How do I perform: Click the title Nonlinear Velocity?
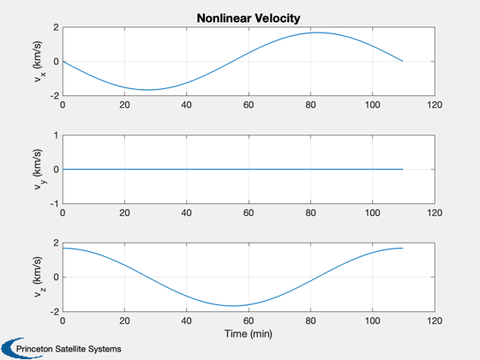pyautogui.click(x=249, y=18)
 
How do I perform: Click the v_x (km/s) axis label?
pyautogui.click(x=39, y=61)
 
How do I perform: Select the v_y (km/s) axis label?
pyautogui.click(x=39, y=170)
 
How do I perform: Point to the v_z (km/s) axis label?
pyautogui.click(x=39, y=277)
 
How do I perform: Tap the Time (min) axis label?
pyautogui.click(x=249, y=333)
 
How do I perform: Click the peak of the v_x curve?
pyautogui.click(x=317, y=33)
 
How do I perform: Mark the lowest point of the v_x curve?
pyautogui.click(x=147, y=90)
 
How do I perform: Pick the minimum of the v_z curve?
pyautogui.click(x=233, y=306)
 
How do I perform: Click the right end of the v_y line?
pyautogui.click(x=403, y=170)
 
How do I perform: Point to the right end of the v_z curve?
pyautogui.click(x=403, y=248)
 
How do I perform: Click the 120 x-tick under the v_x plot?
pyautogui.click(x=435, y=105)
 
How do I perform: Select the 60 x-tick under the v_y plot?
pyautogui.click(x=249, y=213)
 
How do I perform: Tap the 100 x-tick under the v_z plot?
pyautogui.click(x=373, y=321)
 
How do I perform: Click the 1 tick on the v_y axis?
pyautogui.click(x=56, y=135)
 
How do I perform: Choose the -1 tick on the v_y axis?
pyautogui.click(x=54, y=204)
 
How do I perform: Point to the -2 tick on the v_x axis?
pyautogui.click(x=54, y=96)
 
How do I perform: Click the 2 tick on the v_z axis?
pyautogui.click(x=56, y=243)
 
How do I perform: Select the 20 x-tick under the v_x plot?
pyautogui.click(x=124, y=105)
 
